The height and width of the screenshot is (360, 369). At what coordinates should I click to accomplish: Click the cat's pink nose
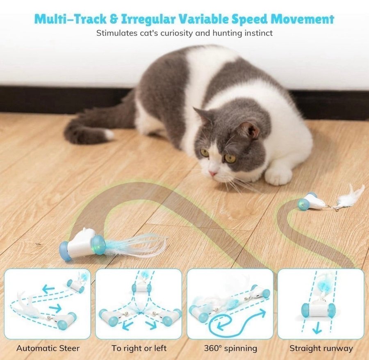click(x=213, y=174)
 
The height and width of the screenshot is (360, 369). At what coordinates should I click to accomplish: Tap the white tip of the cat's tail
click(x=109, y=134)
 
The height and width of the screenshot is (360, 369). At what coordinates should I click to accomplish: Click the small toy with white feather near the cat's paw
click(x=330, y=200)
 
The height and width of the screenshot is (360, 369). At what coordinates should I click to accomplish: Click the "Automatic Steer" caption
click(x=48, y=348)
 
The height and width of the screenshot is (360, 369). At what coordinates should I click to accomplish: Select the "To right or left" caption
click(x=139, y=348)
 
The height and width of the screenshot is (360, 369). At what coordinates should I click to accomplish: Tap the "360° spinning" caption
click(x=230, y=348)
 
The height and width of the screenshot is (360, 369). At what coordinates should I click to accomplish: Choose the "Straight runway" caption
click(x=321, y=348)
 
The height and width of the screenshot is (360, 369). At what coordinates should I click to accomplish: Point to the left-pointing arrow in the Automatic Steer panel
click(x=48, y=289)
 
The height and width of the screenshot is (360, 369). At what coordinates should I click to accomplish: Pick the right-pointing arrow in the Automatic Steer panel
click(x=55, y=308)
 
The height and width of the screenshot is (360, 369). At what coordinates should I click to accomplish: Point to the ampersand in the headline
click(x=114, y=19)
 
